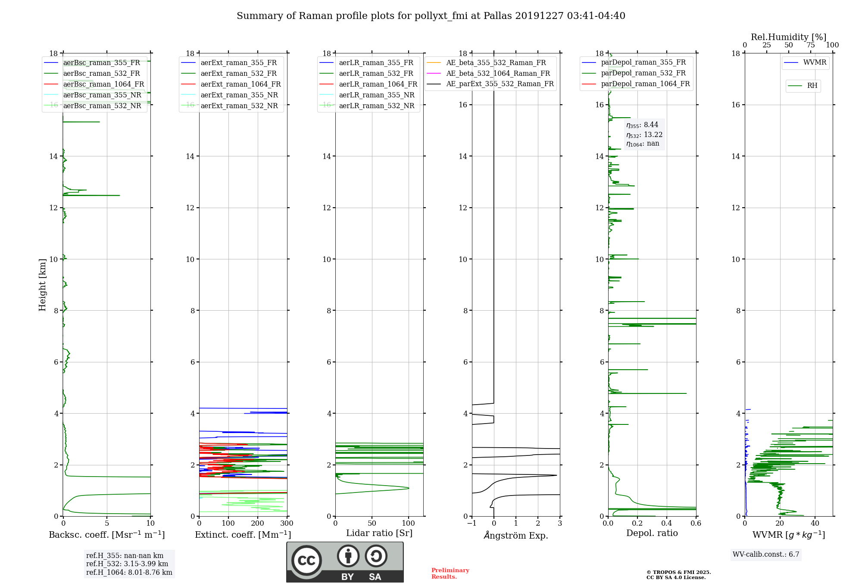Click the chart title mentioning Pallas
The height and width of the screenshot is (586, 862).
click(x=431, y=16)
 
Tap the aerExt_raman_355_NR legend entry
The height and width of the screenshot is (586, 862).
click(x=231, y=95)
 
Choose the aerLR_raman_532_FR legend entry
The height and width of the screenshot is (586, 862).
click(x=369, y=73)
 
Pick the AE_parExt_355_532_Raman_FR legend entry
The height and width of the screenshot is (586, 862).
click(x=490, y=84)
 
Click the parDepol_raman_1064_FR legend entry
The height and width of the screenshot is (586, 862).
click(x=636, y=84)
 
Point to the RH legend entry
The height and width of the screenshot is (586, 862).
click(x=803, y=86)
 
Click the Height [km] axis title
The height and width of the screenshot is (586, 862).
click(x=42, y=285)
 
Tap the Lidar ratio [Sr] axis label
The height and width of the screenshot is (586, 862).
click(x=379, y=533)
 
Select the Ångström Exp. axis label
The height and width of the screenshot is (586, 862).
click(x=516, y=535)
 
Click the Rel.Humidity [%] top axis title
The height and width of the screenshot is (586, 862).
click(x=789, y=37)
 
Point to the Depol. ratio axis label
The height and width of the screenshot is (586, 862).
click(x=652, y=533)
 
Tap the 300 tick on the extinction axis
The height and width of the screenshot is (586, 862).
click(x=287, y=523)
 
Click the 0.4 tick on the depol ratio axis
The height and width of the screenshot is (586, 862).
click(x=667, y=523)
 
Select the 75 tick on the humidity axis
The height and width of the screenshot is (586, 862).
click(x=811, y=45)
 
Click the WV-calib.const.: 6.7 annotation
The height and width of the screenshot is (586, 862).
click(x=766, y=554)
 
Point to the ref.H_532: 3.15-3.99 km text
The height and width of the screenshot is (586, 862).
click(x=127, y=564)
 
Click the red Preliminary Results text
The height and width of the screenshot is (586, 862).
click(x=450, y=574)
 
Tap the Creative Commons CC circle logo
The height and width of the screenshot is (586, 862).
click(x=306, y=560)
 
